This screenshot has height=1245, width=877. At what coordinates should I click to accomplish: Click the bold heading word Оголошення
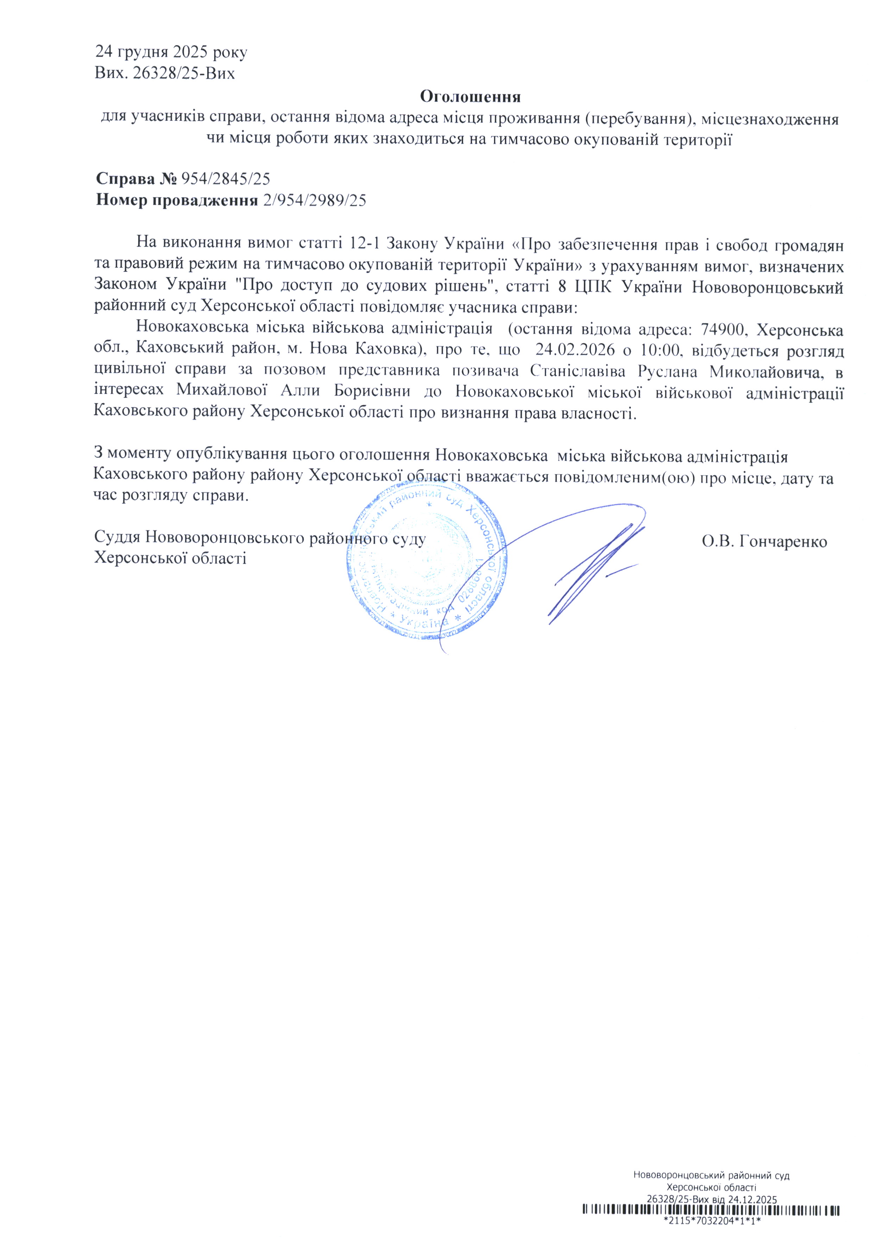(470, 97)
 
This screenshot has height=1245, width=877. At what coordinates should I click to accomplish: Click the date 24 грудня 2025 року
(171, 52)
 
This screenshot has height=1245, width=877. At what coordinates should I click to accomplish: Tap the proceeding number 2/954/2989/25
(314, 201)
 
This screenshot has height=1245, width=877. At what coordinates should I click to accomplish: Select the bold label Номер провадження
(177, 201)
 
